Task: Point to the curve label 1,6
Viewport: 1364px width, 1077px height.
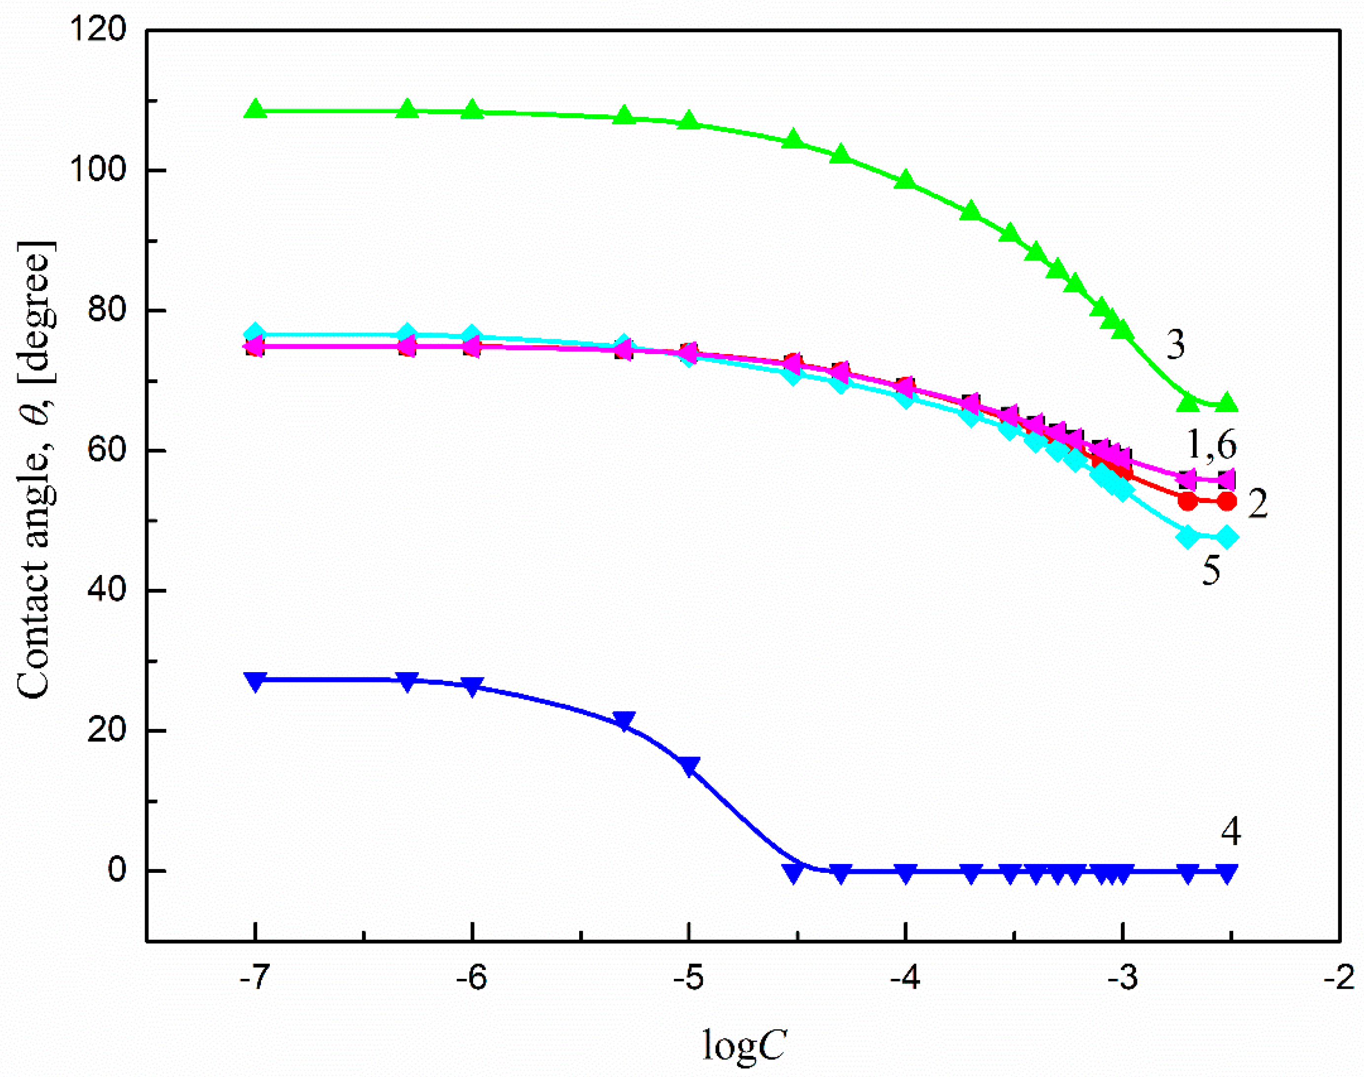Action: pos(1212,445)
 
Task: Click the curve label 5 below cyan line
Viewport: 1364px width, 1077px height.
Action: pos(1211,571)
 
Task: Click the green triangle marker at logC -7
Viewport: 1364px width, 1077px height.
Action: pos(256,109)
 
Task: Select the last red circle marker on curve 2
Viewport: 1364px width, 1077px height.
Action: pos(1226,502)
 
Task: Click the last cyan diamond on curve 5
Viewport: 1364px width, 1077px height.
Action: pos(1226,537)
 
